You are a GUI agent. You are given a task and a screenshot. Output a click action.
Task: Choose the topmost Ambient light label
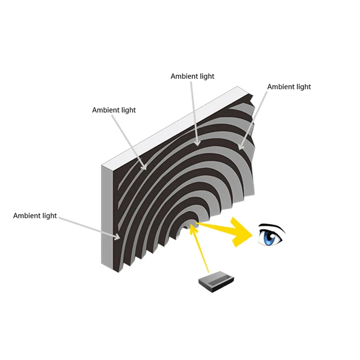(193, 76)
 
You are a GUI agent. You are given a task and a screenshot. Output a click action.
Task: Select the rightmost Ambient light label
(289, 86)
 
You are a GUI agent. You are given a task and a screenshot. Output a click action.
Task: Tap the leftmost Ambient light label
(35, 216)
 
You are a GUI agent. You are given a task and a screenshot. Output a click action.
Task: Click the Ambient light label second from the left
(114, 110)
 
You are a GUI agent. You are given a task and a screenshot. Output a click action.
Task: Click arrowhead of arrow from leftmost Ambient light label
(118, 237)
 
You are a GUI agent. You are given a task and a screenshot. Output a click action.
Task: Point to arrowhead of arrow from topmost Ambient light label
(198, 144)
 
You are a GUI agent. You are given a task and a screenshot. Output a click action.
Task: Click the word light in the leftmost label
(49, 216)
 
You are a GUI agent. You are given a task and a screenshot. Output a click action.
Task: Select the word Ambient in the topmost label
(184, 76)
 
